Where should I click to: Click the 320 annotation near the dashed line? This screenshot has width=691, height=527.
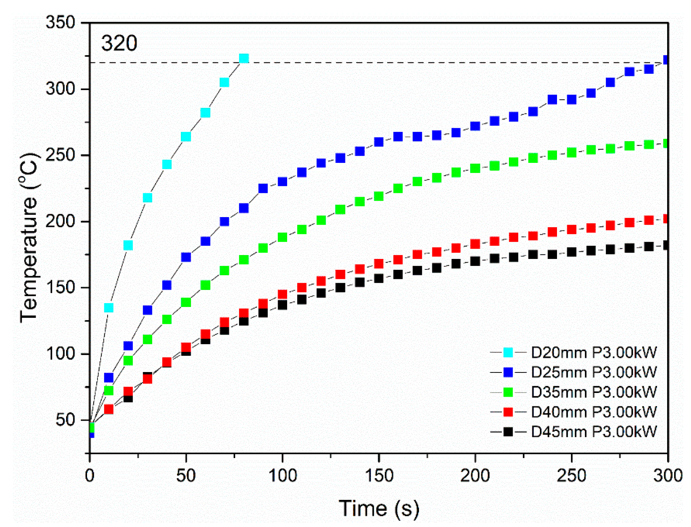(x=119, y=44)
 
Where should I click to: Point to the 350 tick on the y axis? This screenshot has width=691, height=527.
(x=60, y=23)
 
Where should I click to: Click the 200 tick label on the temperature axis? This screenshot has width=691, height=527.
(x=60, y=221)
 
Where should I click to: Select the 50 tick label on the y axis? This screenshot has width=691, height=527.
(x=65, y=420)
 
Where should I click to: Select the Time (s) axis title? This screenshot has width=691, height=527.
(x=379, y=509)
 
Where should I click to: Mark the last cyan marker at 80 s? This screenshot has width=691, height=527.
(x=244, y=59)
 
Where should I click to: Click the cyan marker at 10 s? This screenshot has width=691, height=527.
(x=109, y=308)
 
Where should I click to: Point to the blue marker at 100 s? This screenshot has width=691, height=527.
(x=282, y=181)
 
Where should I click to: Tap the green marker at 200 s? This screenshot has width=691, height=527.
(x=475, y=168)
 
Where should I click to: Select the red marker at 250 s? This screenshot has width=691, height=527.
(x=571, y=229)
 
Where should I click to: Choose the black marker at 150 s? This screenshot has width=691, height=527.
(x=379, y=278)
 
